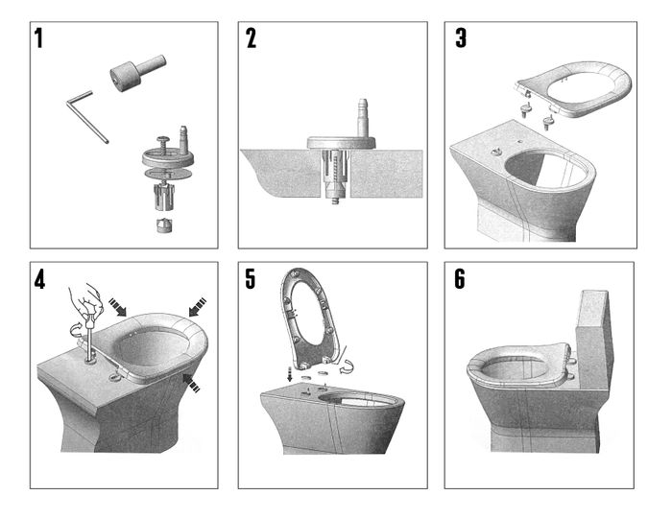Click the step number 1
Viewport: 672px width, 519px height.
click(x=39, y=37)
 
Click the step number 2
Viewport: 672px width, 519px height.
click(x=252, y=37)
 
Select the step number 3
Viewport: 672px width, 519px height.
click(x=461, y=37)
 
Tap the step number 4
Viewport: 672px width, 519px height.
click(x=39, y=280)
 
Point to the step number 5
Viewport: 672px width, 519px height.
click(x=251, y=279)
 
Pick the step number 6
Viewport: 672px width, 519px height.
click(x=460, y=279)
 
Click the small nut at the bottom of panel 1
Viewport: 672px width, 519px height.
click(x=164, y=225)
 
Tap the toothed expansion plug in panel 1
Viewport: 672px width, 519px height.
click(x=164, y=196)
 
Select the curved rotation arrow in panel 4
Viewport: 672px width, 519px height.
click(x=78, y=329)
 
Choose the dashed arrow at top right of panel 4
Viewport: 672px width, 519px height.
click(x=197, y=306)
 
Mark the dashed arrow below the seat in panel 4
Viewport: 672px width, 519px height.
click(x=191, y=382)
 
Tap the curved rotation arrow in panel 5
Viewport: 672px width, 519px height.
click(x=348, y=365)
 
